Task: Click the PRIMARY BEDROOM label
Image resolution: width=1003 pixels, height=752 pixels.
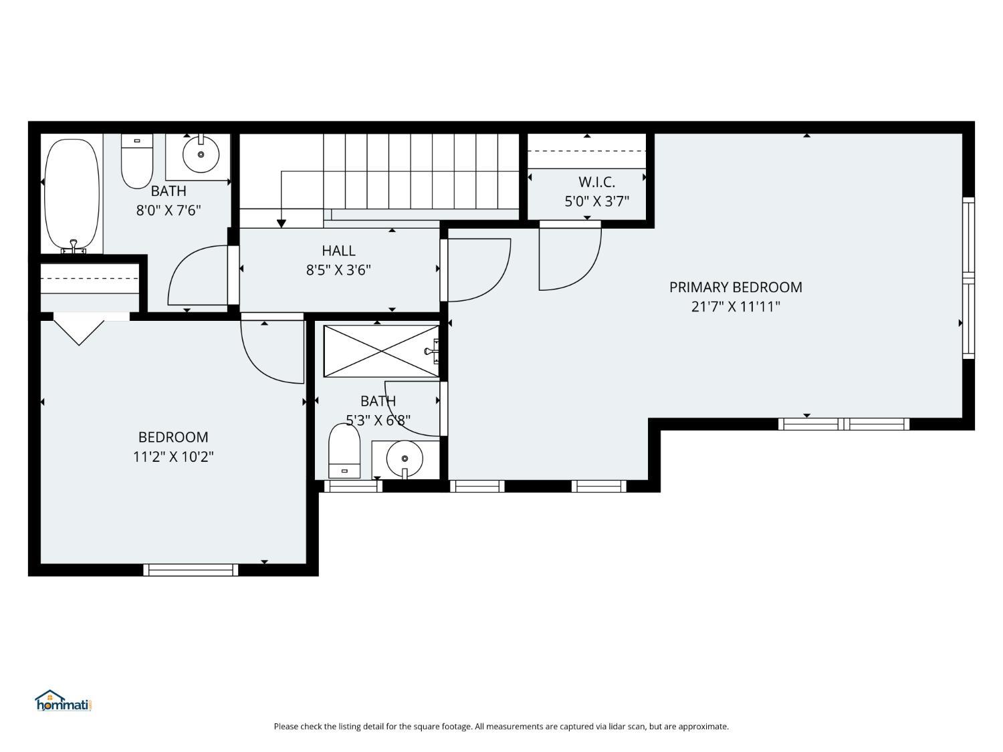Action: (736, 287)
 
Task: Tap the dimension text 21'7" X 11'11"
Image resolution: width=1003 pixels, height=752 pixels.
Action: (736, 306)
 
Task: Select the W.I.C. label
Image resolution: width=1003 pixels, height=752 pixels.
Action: (596, 182)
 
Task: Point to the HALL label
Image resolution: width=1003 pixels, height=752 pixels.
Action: (338, 250)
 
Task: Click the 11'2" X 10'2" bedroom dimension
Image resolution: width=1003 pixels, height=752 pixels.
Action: (173, 457)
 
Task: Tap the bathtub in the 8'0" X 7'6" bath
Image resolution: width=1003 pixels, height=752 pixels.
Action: (72, 195)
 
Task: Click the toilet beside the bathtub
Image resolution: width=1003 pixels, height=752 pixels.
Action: (136, 161)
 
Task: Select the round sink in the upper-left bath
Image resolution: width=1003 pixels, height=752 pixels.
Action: (201, 154)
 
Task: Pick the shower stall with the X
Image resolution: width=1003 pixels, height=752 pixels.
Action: (381, 351)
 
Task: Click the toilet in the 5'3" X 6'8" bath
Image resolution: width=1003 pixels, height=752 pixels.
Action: (344, 451)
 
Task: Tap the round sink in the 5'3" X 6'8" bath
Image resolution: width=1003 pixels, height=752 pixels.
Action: (405, 459)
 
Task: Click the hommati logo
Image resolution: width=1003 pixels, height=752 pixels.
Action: (64, 701)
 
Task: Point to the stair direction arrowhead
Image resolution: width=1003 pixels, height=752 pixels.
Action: (282, 223)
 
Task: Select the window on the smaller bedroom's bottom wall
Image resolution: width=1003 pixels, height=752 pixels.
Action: (191, 570)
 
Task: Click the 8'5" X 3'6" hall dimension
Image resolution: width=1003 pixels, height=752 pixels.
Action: (338, 270)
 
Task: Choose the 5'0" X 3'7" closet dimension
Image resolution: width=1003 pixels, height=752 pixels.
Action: (596, 201)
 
